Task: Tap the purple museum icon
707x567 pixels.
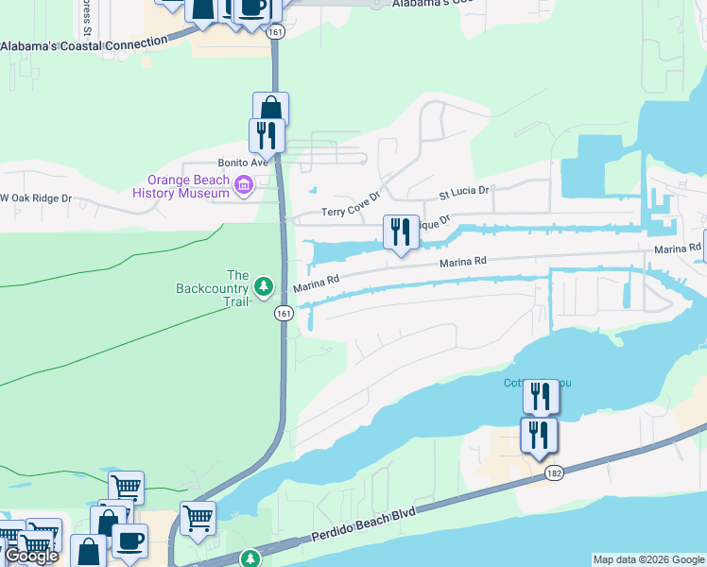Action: pos(244,184)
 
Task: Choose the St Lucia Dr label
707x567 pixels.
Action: pos(463,193)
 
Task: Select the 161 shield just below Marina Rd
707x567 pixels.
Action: pos(284,313)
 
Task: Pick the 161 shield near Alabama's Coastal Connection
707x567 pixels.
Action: pos(275,32)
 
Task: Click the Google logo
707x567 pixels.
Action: pos(31,556)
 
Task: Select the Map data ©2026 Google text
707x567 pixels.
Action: pos(648,559)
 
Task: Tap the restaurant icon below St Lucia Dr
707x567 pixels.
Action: pos(401,232)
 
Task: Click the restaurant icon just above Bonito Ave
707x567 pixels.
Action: pos(267,135)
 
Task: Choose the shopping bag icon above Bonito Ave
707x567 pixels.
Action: pos(270,108)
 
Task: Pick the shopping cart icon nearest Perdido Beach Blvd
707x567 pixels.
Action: pos(198,518)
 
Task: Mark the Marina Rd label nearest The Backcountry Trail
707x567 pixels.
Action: pos(316,283)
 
